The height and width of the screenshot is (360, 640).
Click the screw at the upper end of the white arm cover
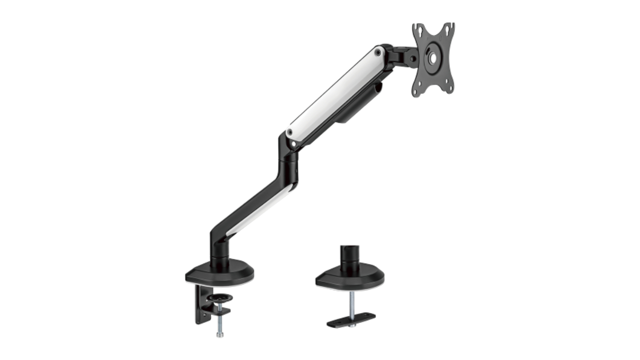378,53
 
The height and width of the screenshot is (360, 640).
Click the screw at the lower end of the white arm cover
290,132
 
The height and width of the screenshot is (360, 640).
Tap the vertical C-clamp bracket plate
200,304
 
